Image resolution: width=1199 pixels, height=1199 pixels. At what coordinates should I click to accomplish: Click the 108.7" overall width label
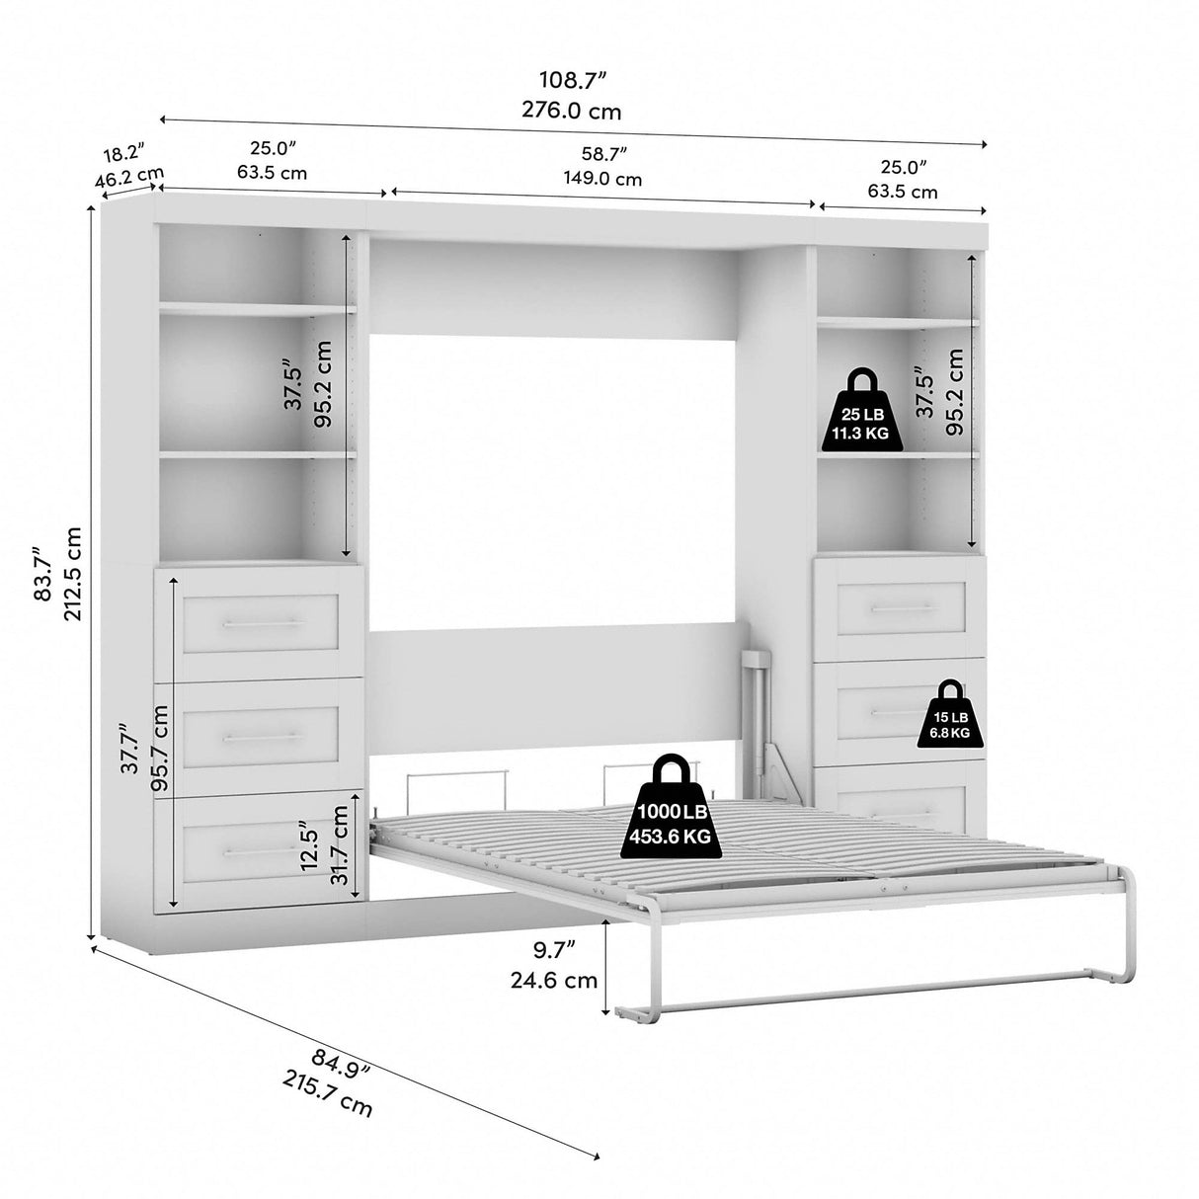tap(573, 78)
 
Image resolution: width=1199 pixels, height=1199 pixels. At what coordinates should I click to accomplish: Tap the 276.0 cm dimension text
tap(573, 111)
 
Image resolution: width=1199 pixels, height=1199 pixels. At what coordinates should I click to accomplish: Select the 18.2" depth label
tap(123, 154)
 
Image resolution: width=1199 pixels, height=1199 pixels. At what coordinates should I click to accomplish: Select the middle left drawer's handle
tap(262, 736)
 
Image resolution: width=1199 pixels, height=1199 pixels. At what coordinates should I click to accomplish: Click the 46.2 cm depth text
tap(128, 179)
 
